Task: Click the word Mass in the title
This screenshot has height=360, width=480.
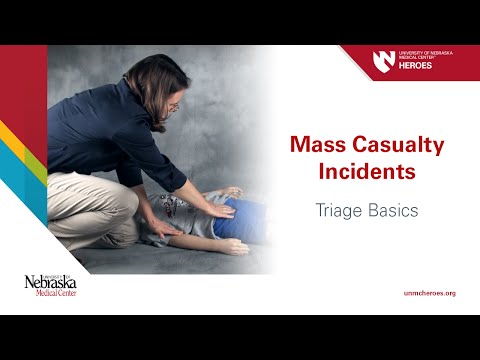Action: coord(313,146)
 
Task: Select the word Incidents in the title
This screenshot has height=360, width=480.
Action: coord(366,171)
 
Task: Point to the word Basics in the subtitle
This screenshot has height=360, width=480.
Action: coord(396,211)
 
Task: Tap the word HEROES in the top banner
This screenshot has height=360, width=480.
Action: coord(417,66)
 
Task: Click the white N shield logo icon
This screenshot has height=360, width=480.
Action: coord(384,60)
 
